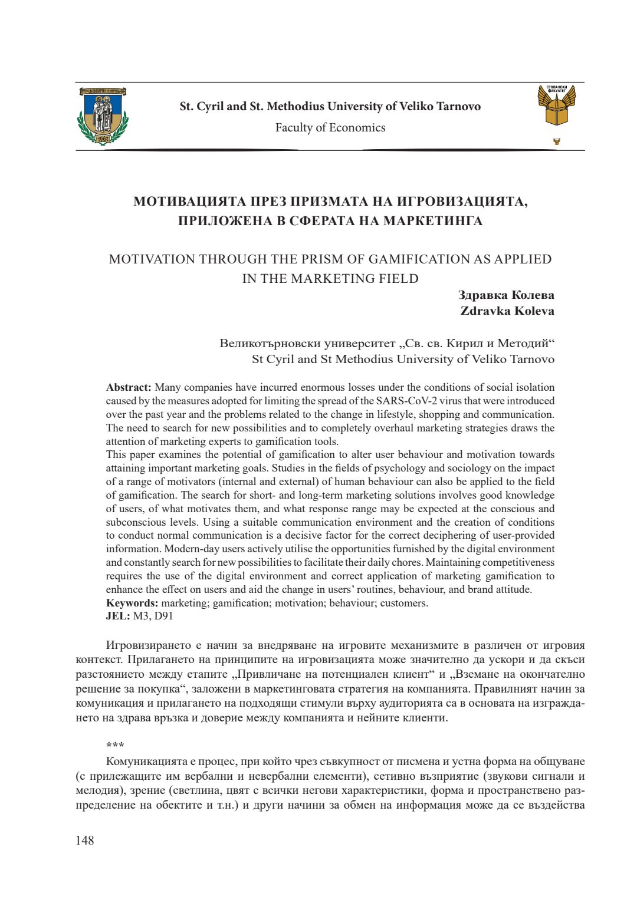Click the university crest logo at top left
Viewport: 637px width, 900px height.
(103, 116)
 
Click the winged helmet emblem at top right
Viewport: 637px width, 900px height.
(556, 106)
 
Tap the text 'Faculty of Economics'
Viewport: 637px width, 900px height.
(330, 127)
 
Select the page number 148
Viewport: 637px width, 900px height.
(85, 840)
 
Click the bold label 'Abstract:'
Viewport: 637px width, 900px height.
(129, 387)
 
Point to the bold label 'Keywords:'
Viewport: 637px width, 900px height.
(132, 603)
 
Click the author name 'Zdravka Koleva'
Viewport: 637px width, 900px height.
(507, 311)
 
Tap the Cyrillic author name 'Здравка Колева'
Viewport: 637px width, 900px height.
(506, 295)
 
